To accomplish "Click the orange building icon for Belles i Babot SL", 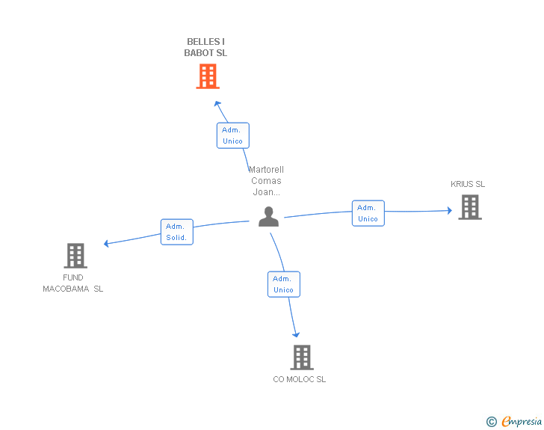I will [x=208, y=76].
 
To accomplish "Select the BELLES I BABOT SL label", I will [x=205, y=47].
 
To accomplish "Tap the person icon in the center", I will [x=268, y=216].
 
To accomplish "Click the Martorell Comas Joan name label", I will [x=266, y=180].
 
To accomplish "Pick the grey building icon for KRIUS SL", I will [x=469, y=207].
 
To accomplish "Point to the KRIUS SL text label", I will [x=468, y=184].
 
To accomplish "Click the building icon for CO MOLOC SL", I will [x=301, y=357].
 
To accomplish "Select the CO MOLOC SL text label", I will [x=299, y=379].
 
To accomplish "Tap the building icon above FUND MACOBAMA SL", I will [x=75, y=256].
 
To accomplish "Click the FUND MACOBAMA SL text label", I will [x=73, y=283].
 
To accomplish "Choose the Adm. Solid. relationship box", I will [x=176, y=232].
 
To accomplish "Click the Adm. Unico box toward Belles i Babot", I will [x=232, y=135].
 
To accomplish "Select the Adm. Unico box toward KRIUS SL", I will [x=368, y=213].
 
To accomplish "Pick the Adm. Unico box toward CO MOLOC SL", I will [x=283, y=284].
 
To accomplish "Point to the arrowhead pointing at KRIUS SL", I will [x=448, y=211].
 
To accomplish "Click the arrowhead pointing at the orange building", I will [x=217, y=102].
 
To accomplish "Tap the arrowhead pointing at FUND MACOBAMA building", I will [x=107, y=243].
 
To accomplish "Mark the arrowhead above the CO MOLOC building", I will [x=297, y=334].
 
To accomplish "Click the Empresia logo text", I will [x=522, y=422].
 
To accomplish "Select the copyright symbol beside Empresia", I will [x=491, y=422].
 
